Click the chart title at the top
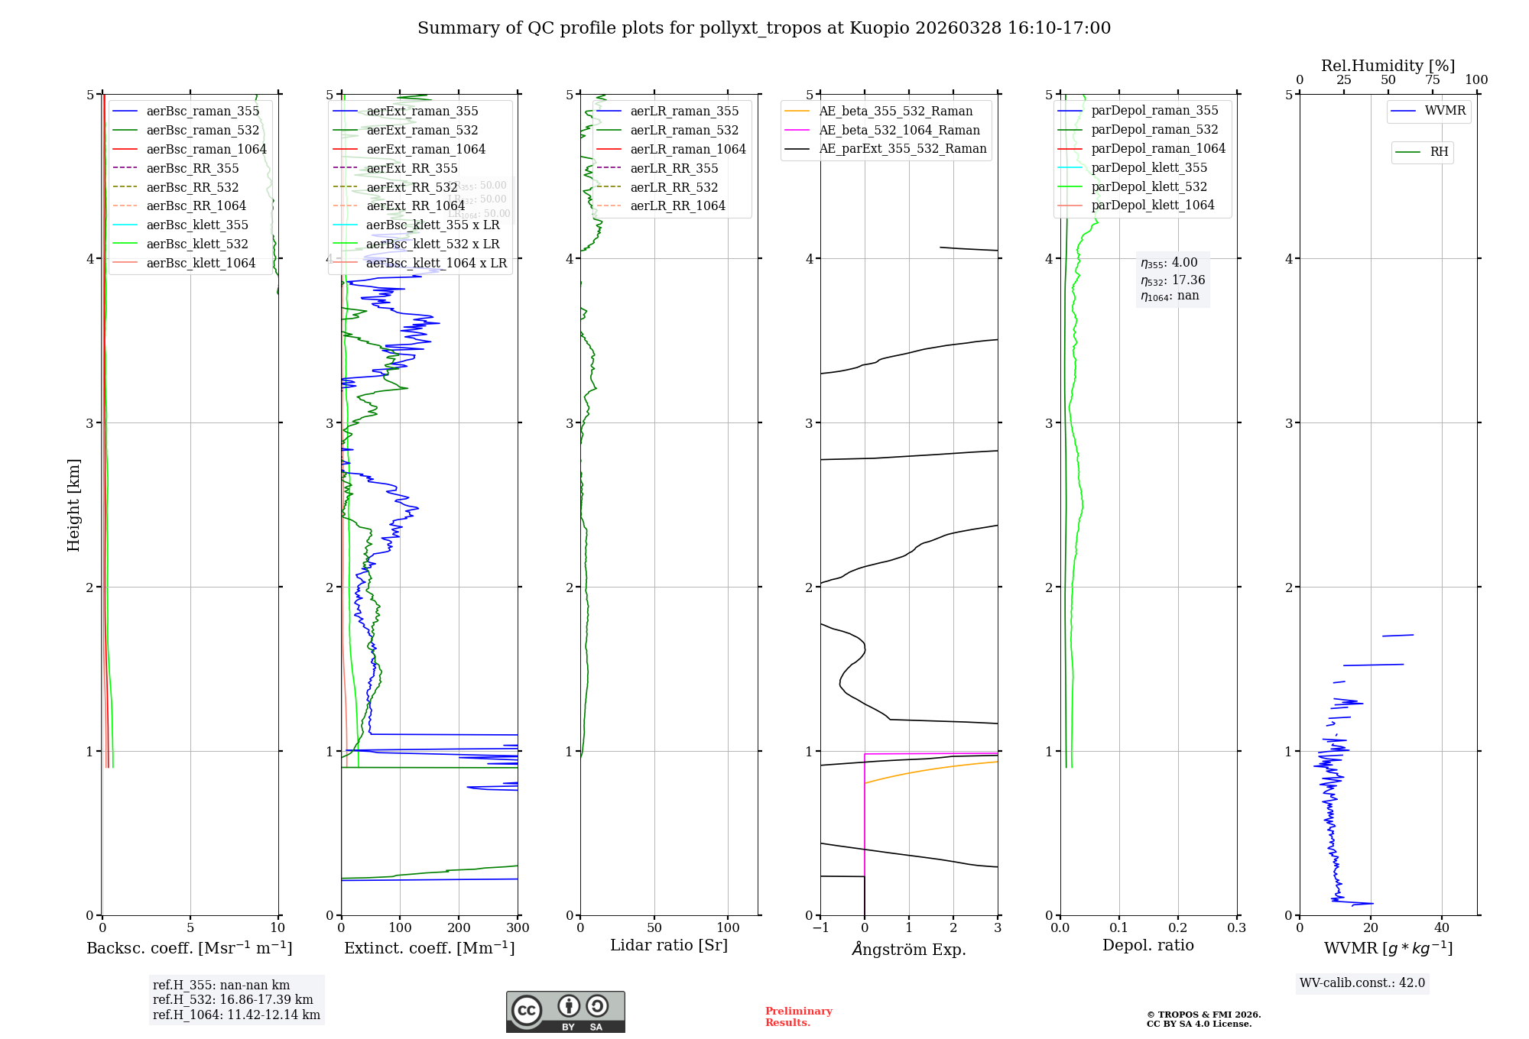(764, 28)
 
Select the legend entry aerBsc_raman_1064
(206, 149)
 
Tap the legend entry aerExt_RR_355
(411, 168)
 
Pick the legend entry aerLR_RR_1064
(677, 206)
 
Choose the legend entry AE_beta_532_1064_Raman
(899, 130)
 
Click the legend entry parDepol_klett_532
(1148, 186)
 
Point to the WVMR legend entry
(1445, 111)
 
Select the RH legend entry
(1439, 152)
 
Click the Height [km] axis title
(73, 504)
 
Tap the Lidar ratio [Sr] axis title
(669, 945)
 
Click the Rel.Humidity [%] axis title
(1388, 66)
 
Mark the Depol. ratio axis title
(1148, 945)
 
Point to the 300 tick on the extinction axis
(518, 928)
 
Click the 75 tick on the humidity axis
(1433, 80)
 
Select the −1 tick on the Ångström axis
(820, 928)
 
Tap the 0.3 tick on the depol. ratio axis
(1236, 928)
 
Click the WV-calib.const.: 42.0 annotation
(1362, 982)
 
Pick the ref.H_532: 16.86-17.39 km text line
(232, 999)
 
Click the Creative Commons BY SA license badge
(565, 1011)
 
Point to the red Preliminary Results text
(798, 1016)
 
